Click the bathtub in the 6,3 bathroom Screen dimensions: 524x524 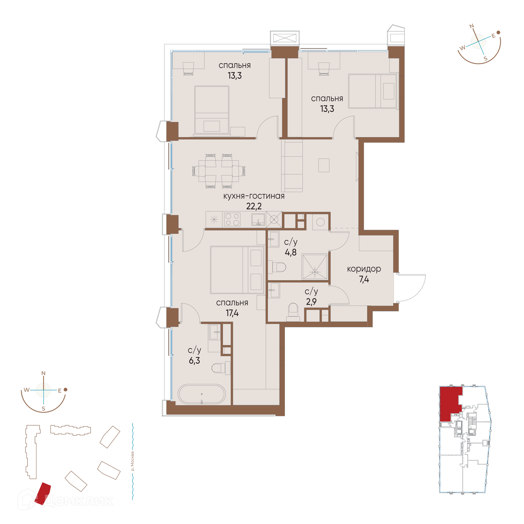point(202,394)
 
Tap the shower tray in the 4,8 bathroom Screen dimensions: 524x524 point(315,267)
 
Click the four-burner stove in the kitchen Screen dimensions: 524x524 point(232,219)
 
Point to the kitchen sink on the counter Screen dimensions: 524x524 point(258,219)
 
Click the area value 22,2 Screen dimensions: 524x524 point(254,206)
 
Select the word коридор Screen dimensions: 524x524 point(364,269)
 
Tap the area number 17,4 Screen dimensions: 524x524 point(232,313)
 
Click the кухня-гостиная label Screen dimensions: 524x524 point(254,196)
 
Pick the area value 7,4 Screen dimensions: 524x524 point(364,279)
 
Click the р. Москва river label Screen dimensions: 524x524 point(133,461)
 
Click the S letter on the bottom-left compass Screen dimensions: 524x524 point(43,409)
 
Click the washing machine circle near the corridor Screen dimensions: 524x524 point(320,222)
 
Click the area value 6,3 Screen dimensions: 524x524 point(194,361)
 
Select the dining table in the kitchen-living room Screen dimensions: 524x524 point(219,171)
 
